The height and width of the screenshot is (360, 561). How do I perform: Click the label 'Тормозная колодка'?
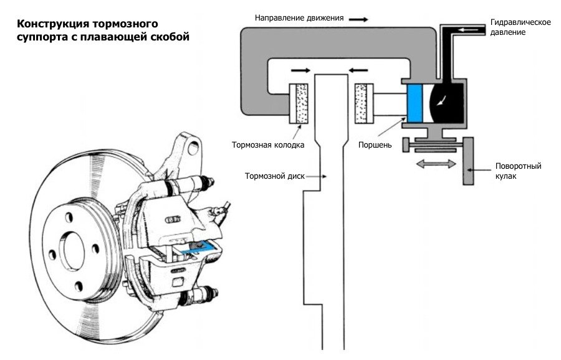tap(268, 144)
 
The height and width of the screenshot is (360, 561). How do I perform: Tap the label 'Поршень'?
tap(375, 144)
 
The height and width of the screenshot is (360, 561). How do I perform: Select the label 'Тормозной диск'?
tap(275, 176)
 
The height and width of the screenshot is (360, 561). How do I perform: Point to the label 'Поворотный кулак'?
tap(518, 171)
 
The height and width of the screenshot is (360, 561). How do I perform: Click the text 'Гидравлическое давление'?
tap(520, 27)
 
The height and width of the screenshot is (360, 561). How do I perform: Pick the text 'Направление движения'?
tap(299, 18)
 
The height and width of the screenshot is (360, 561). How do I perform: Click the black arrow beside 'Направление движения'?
tap(358, 19)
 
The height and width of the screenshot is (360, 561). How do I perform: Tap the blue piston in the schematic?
tap(415, 103)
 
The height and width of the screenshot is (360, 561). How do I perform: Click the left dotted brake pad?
tap(299, 103)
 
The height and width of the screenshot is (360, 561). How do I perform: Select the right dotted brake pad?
tap(364, 103)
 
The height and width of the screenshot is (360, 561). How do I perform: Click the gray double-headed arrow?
tap(436, 164)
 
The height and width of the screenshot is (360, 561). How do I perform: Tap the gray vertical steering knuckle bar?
tap(468, 161)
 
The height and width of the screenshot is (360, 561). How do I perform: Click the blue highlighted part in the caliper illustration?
tap(198, 248)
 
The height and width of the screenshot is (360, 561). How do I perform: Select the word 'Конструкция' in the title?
tap(52, 24)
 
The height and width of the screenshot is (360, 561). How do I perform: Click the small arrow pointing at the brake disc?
tap(316, 176)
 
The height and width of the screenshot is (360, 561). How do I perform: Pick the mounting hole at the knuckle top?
tap(193, 148)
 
